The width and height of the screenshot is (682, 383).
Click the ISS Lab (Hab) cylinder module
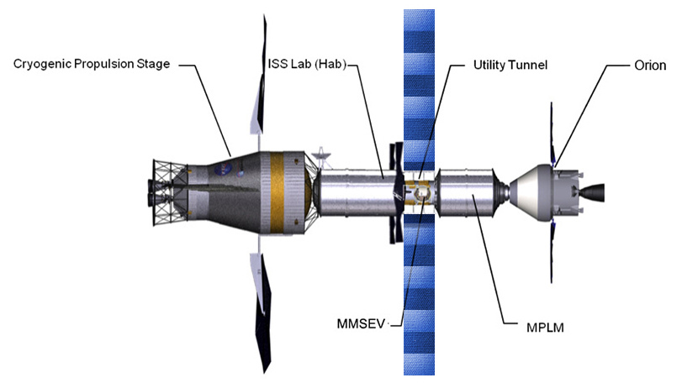point(353,192)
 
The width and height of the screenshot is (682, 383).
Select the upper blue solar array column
point(420,84)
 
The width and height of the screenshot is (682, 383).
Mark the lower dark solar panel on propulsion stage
point(261,311)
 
